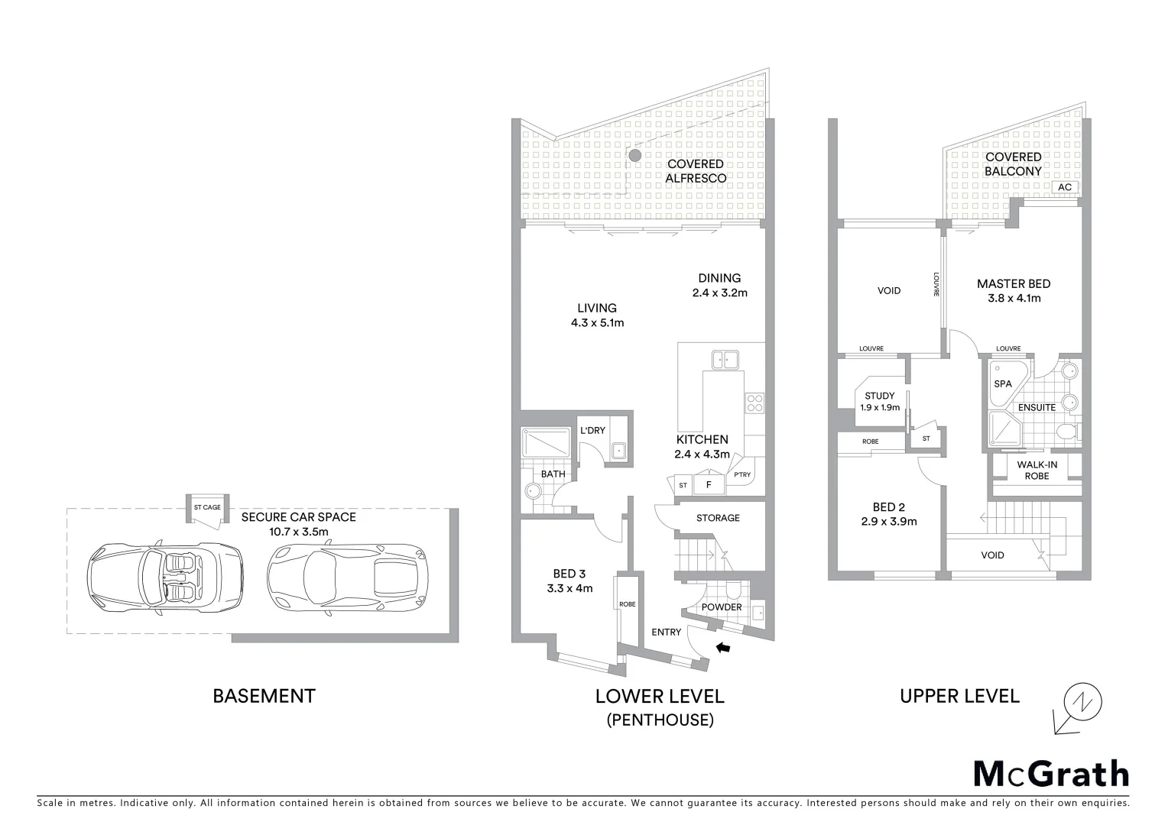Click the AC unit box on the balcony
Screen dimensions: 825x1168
pos(1065,187)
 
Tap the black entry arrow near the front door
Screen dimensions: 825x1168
pos(722,648)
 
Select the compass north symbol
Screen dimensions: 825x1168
pos(1082,701)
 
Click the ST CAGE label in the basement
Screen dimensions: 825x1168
pos(207,507)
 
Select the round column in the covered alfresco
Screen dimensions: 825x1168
pos(634,156)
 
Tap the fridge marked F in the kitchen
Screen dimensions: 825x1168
pos(709,484)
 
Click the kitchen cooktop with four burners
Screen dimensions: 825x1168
pos(754,402)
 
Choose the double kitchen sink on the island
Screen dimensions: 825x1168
pos(725,359)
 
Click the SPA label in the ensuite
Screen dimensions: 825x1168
pos(1002,383)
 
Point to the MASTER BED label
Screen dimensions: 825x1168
pos(1013,283)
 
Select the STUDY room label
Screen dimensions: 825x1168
pos(879,396)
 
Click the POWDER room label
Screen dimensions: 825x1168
pos(721,607)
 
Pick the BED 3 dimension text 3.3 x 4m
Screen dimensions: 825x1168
pos(569,588)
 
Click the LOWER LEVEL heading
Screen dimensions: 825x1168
pos(659,696)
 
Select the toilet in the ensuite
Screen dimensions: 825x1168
pos(1067,434)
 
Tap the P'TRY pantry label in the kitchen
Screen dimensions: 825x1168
pos(741,475)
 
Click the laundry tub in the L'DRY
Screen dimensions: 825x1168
pos(619,451)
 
